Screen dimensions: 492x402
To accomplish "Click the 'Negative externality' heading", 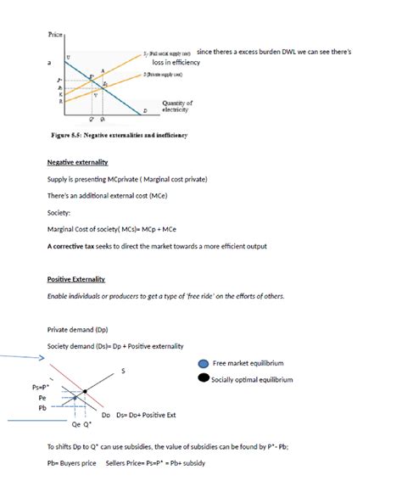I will (77, 162).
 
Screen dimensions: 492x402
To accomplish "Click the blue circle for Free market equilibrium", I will (203, 363).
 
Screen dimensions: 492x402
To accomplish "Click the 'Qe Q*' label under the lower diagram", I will (81, 426).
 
